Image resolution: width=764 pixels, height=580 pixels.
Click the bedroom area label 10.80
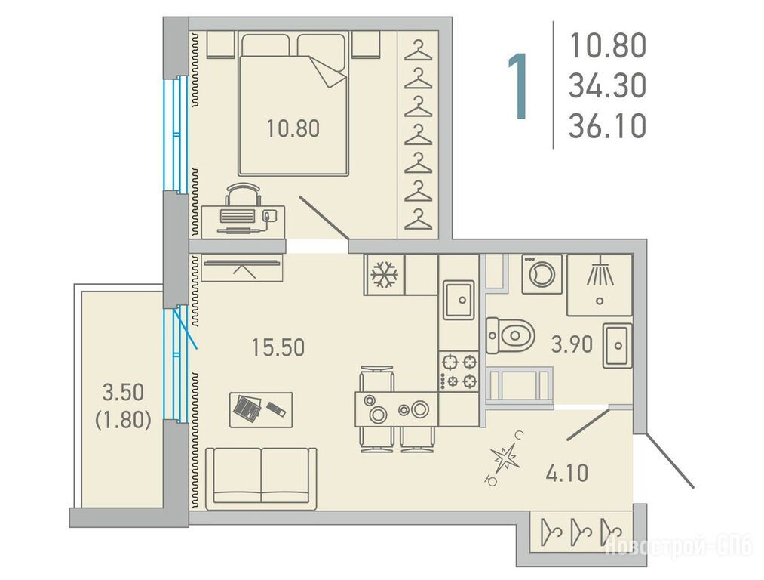(x=293, y=129)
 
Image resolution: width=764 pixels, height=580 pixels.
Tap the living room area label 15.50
(x=278, y=348)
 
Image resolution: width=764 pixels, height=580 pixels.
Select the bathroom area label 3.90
(x=572, y=344)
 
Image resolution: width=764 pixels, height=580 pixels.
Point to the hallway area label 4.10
(x=566, y=474)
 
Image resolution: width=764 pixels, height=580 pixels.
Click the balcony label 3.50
(x=123, y=392)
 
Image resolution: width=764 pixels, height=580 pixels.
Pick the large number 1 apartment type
(x=517, y=86)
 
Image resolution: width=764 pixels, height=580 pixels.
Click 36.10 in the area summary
(x=608, y=126)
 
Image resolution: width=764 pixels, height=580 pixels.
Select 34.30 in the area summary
(x=608, y=86)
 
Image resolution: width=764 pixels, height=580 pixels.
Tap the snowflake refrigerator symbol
(x=385, y=275)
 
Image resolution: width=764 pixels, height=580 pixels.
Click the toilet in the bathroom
(x=510, y=335)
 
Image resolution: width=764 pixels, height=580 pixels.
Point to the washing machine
(x=542, y=274)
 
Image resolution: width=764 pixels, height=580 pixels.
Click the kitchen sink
(x=458, y=300)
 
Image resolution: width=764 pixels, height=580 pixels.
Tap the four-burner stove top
(x=459, y=372)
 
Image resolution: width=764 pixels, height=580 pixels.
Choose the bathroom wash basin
(x=618, y=345)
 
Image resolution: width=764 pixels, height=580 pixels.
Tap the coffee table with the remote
(x=261, y=410)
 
